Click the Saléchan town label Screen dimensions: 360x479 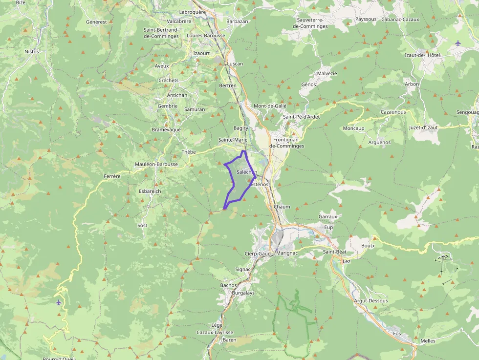[247, 172]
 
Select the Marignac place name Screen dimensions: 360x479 [287, 254]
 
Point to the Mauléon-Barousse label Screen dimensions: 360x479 [156, 165]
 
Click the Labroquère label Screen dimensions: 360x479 [193, 12]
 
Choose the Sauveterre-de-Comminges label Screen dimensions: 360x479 [313, 23]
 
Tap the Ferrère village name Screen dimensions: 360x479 [112, 176]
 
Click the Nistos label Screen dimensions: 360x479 [32, 51]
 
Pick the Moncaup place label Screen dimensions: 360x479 [353, 128]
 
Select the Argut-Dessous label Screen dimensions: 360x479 [370, 301]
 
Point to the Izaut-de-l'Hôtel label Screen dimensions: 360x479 [423, 55]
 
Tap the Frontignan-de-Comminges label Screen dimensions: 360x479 [287, 143]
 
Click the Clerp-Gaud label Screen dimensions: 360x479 [258, 254]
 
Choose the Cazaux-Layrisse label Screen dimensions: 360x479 [215, 333]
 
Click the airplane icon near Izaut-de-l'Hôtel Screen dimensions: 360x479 [457, 43]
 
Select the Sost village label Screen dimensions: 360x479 [142, 226]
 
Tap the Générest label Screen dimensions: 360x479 [96, 22]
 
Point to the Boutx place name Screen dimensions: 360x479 [368, 246]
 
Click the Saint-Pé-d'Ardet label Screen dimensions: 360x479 [302, 117]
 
